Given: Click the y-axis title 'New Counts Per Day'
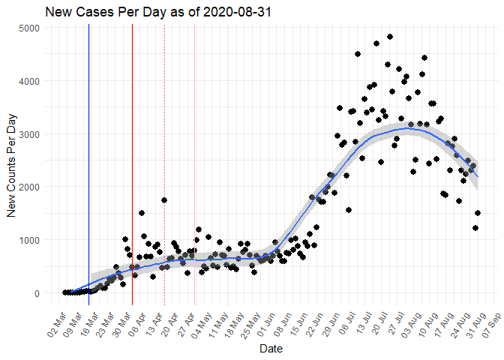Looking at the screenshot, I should coord(12,160).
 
